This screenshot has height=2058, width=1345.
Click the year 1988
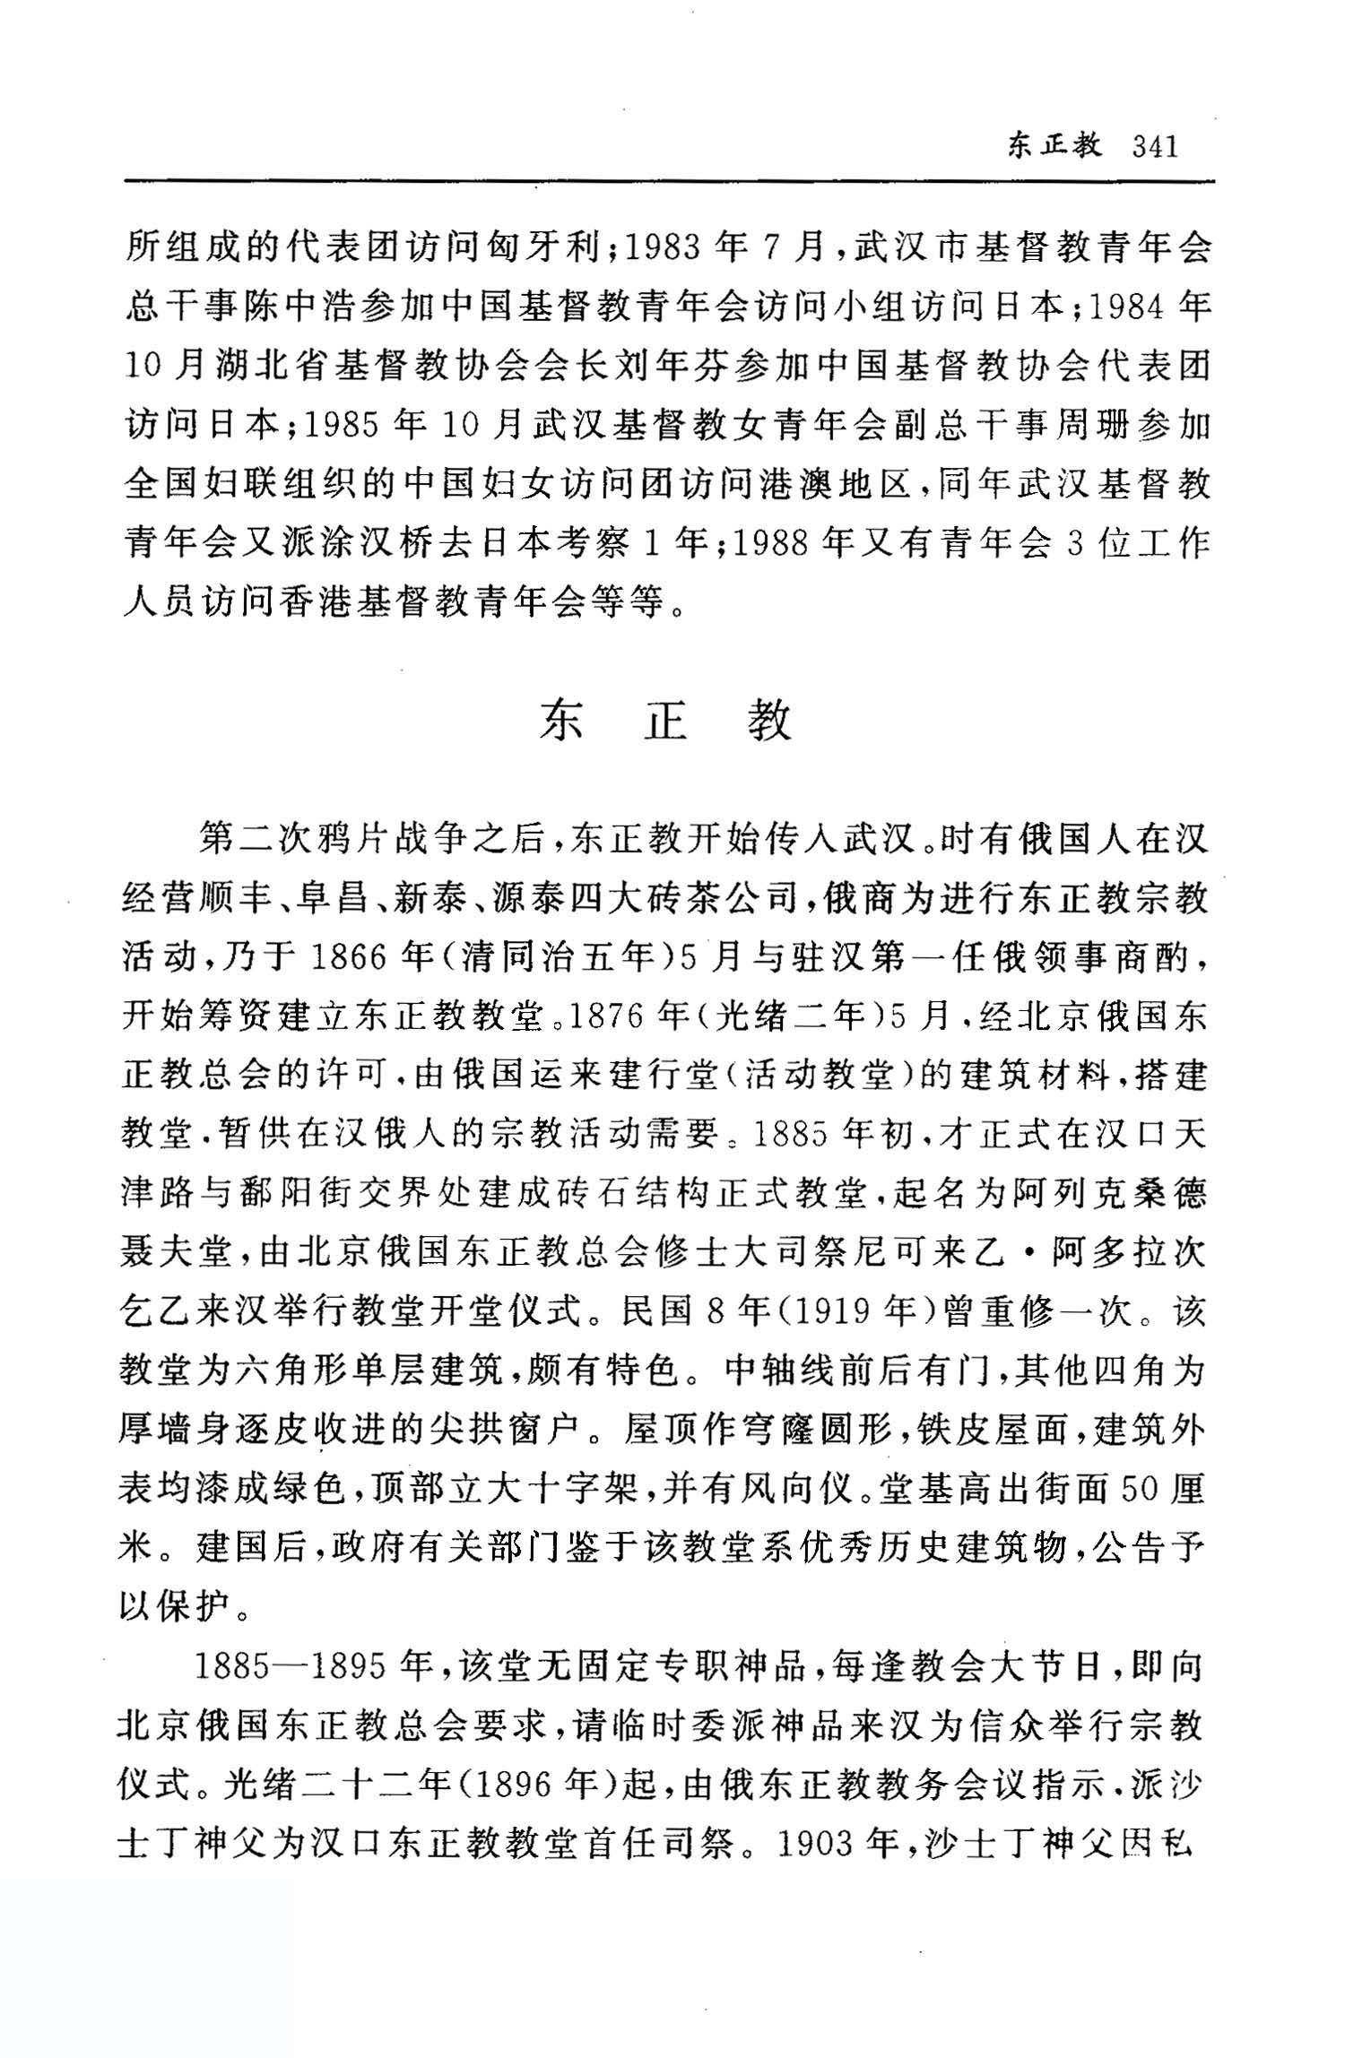[x=771, y=544]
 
